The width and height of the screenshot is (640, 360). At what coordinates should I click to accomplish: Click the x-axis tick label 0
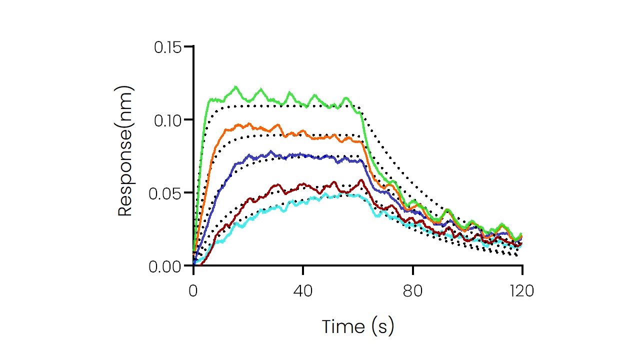(x=193, y=291)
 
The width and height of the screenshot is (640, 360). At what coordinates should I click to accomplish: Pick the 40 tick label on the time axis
(x=303, y=291)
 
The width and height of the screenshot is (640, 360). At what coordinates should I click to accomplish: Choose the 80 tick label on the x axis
(x=412, y=291)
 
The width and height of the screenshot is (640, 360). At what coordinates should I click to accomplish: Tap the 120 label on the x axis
(x=522, y=291)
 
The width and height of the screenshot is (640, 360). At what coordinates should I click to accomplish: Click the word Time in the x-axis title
(x=343, y=326)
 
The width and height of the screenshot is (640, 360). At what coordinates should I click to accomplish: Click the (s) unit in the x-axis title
(x=383, y=327)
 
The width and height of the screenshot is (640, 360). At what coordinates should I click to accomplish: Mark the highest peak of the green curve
(x=235, y=87)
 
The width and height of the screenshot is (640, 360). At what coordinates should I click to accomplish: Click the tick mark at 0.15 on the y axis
(x=188, y=46)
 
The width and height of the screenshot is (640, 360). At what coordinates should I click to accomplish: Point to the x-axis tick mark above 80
(x=412, y=270)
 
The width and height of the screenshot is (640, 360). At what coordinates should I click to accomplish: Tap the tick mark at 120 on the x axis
(x=522, y=270)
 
